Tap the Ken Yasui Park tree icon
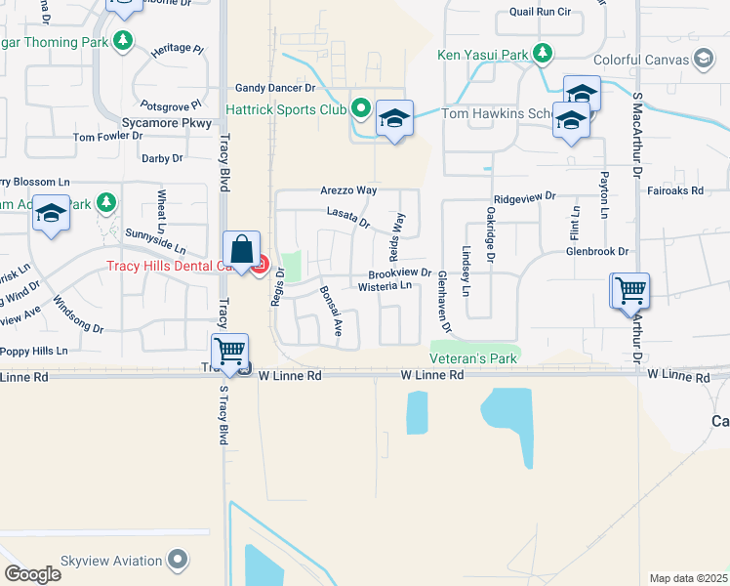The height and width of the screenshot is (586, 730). [545, 55]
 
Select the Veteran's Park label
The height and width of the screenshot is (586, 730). [474, 359]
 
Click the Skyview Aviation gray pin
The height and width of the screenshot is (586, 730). [177, 560]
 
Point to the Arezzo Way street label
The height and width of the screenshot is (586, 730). [347, 190]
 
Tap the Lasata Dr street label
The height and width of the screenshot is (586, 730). [348, 217]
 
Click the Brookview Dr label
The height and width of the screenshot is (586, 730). [399, 273]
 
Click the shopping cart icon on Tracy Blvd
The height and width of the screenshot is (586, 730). [229, 351]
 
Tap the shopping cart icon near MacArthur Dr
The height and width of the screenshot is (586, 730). [630, 290]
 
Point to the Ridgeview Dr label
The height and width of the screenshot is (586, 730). [524, 197]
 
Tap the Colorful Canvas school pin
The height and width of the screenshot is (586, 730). [703, 59]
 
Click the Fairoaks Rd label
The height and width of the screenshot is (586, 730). [675, 191]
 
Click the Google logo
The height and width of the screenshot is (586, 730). [32, 573]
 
